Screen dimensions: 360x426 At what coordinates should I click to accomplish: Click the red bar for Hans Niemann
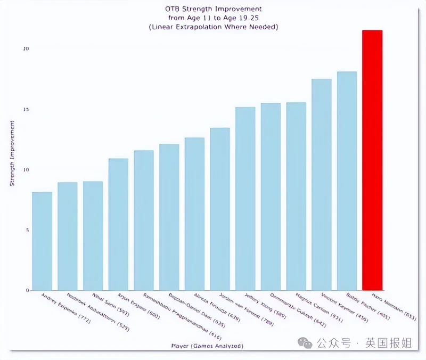coord(372,160)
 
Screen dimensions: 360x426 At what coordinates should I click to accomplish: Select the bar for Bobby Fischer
coord(347,181)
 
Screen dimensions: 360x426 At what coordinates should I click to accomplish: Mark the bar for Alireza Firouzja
coord(194,214)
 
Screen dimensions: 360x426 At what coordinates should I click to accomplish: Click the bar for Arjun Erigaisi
coord(118,224)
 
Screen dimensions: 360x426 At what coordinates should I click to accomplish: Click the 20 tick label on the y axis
coord(24,49)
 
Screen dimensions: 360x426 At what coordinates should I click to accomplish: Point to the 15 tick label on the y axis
coord(24,110)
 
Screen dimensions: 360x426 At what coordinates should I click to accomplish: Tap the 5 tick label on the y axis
coord(26,230)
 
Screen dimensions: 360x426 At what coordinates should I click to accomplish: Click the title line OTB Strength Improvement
coord(213,9)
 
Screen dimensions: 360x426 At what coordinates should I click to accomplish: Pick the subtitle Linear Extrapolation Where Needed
coord(213,27)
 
